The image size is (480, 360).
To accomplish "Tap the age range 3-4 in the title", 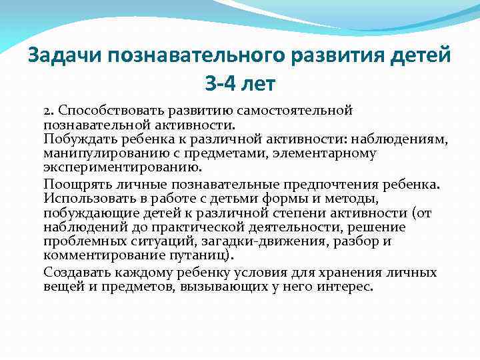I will [219, 85].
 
